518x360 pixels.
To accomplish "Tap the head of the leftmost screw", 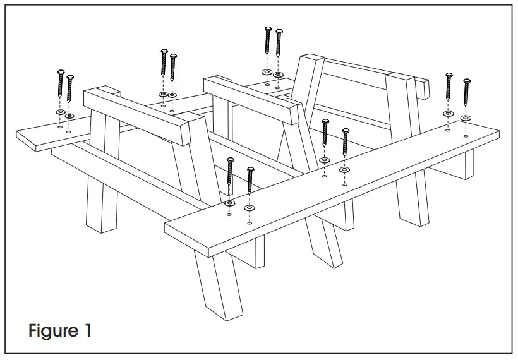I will click(61, 73).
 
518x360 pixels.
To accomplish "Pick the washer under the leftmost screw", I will click(60, 112).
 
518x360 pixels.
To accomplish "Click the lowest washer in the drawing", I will click(250, 207).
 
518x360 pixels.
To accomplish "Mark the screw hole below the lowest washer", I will click(250, 223).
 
